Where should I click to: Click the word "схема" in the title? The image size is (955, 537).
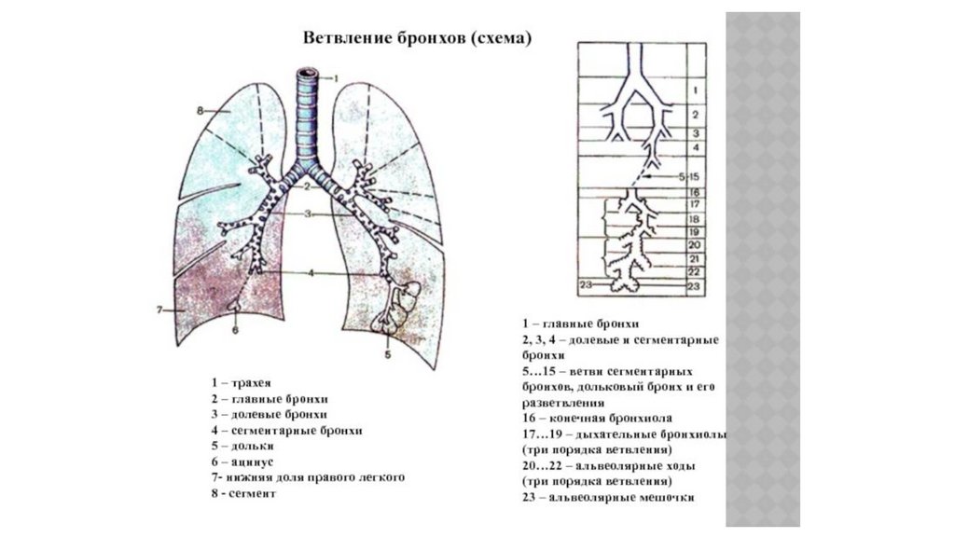coord(501,38)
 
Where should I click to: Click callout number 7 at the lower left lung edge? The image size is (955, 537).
coord(160,309)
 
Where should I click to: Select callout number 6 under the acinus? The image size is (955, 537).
coord(235,328)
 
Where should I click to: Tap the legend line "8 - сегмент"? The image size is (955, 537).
coord(244,493)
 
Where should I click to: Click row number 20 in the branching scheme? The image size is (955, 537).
coord(694,244)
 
